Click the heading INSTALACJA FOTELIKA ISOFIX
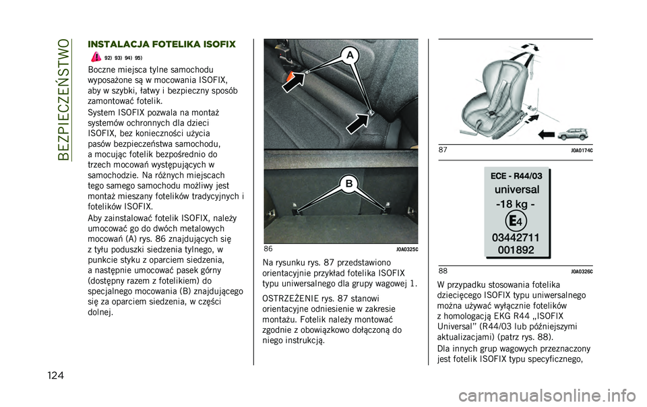click(161, 44)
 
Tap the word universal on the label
click(516, 189)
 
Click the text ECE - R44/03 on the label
click(516, 175)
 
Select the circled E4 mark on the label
click(516, 220)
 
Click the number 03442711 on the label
click(516, 237)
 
